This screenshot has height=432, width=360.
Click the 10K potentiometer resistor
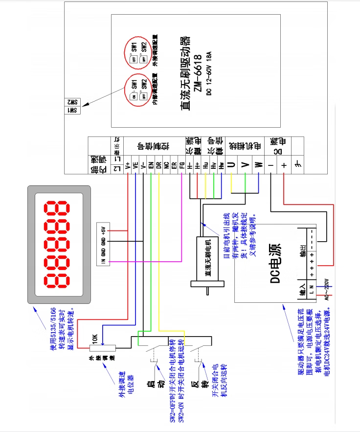102,348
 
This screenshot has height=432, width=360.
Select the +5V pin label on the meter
103,230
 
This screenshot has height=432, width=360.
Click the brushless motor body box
207,261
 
